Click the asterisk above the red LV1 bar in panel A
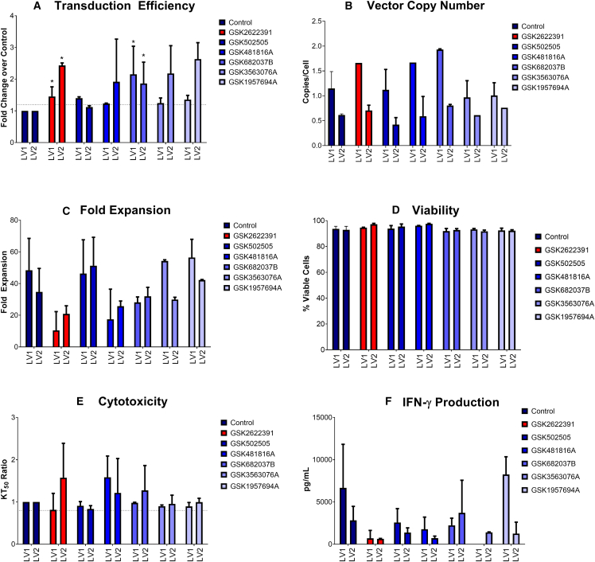click(x=51, y=82)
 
